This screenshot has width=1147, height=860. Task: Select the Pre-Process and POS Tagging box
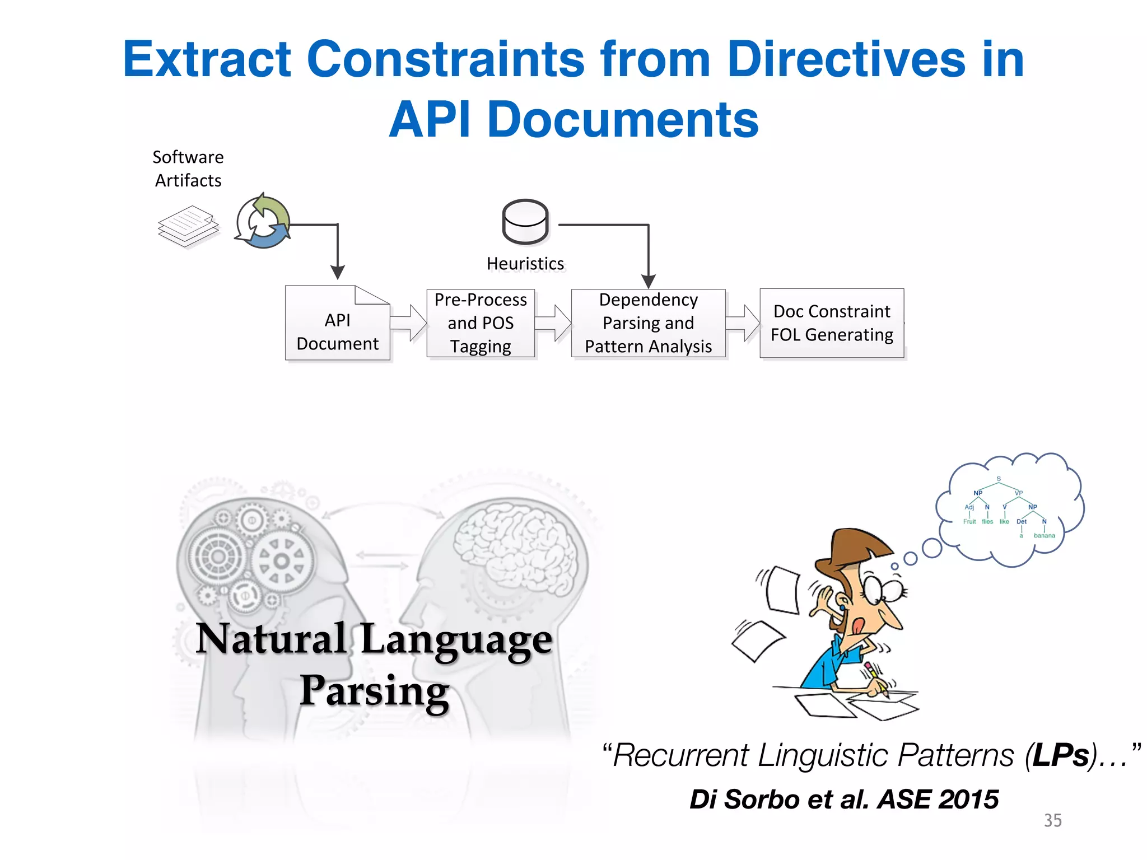[481, 323]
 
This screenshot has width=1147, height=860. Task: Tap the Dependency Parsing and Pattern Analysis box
[648, 323]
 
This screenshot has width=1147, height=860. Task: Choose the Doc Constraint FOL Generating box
[832, 323]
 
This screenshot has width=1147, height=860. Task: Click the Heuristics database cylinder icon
[525, 222]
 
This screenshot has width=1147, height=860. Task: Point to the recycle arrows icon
[263, 222]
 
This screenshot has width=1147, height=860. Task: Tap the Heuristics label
[525, 263]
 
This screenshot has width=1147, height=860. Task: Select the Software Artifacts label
[188, 169]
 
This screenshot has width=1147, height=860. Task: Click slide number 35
[1052, 820]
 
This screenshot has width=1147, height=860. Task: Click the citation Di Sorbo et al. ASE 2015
[844, 799]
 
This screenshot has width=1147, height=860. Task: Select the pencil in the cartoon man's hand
[876, 678]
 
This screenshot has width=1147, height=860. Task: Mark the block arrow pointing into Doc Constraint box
[743, 323]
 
